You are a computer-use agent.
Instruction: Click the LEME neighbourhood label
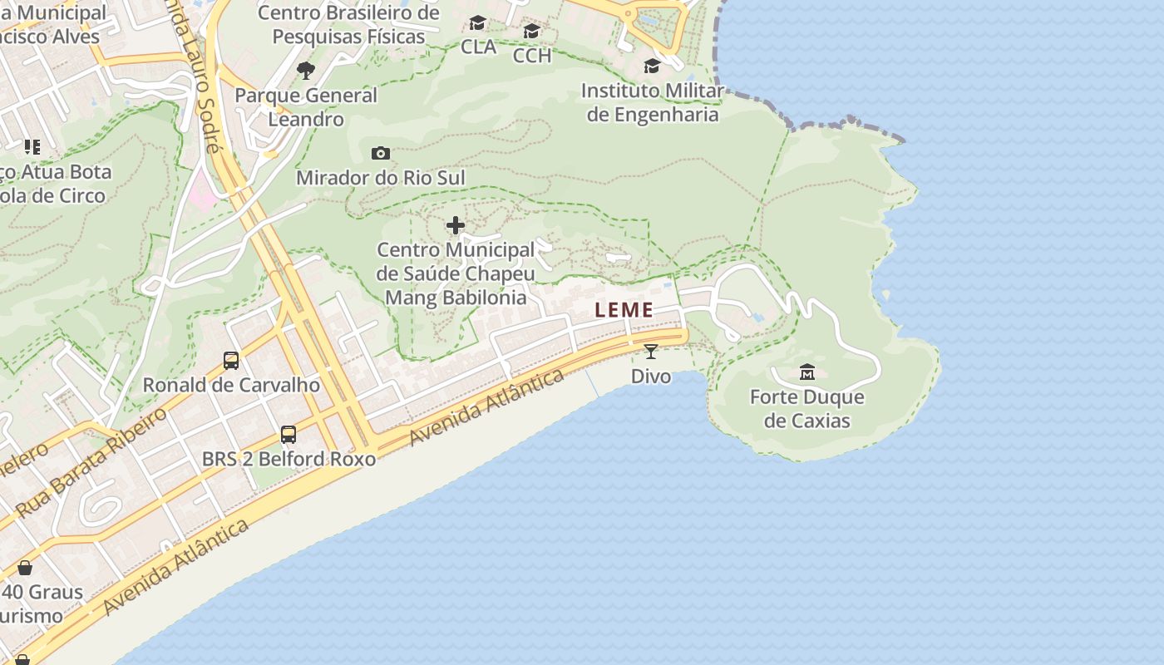pyautogui.click(x=624, y=310)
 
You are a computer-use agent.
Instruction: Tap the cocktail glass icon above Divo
pyautogui.click(x=651, y=352)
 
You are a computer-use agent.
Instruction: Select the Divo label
pyautogui.click(x=651, y=377)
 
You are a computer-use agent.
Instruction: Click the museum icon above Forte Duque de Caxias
pyautogui.click(x=806, y=372)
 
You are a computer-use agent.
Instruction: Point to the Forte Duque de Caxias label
pyautogui.click(x=806, y=408)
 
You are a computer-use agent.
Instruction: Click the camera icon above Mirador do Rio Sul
pyautogui.click(x=380, y=153)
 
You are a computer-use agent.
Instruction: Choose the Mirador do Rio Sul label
pyautogui.click(x=380, y=178)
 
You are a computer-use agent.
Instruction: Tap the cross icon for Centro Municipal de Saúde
pyautogui.click(x=456, y=225)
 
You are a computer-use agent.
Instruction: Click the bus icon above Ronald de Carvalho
pyautogui.click(x=231, y=361)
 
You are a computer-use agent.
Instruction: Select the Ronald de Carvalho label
pyautogui.click(x=231, y=386)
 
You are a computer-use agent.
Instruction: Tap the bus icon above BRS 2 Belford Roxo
pyautogui.click(x=289, y=434)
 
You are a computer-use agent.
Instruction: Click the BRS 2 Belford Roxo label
pyautogui.click(x=289, y=459)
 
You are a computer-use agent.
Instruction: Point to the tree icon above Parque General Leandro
pyautogui.click(x=306, y=71)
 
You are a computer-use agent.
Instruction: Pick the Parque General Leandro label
pyautogui.click(x=306, y=107)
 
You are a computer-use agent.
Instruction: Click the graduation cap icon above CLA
pyautogui.click(x=478, y=23)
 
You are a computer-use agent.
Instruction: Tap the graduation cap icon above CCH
pyautogui.click(x=532, y=32)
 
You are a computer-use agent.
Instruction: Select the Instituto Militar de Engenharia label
pyautogui.click(x=653, y=102)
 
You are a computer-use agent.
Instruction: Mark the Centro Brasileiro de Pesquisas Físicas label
pyautogui.click(x=348, y=25)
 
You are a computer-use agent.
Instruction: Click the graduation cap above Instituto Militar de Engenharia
pyautogui.click(x=652, y=66)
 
